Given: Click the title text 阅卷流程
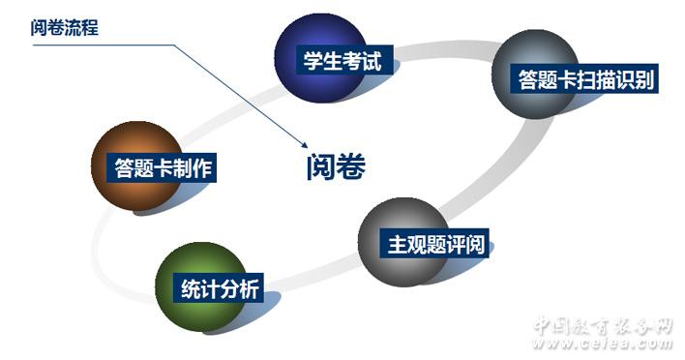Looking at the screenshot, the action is [x=65, y=27].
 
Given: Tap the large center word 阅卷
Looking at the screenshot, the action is [x=336, y=166].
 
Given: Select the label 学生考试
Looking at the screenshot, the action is [x=342, y=60].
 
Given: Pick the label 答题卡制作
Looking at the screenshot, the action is [x=163, y=167].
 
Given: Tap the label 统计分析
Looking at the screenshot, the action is [x=220, y=288].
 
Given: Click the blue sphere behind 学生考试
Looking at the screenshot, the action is [x=320, y=58].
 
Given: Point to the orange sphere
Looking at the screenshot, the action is [x=136, y=166].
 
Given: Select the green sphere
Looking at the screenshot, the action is [x=200, y=287].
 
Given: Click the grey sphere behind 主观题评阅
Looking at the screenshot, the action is [x=403, y=242].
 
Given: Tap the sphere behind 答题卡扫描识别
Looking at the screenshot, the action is [x=536, y=74].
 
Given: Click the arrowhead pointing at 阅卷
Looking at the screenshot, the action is [x=305, y=145].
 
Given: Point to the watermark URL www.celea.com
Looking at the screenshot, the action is [x=604, y=344].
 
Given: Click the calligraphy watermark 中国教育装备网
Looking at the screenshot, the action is [x=604, y=325].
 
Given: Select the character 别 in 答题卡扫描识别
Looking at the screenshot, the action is [x=644, y=79].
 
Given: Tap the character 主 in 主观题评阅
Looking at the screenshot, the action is [x=397, y=244].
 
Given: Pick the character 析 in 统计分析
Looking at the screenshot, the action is [x=250, y=288].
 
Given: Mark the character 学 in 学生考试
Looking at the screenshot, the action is [x=313, y=60].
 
